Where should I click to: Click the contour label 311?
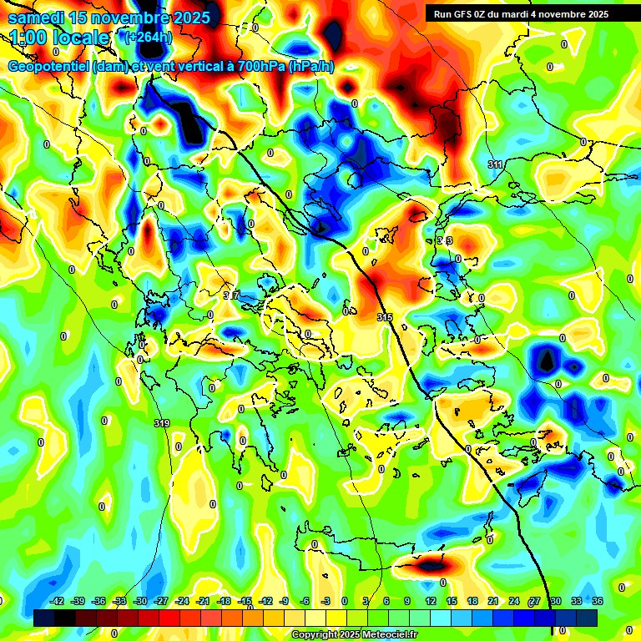[496, 165]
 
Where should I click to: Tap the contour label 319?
[162, 423]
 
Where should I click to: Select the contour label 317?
[231, 295]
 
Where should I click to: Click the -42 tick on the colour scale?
[58, 601]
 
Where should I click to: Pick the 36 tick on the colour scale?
[598, 601]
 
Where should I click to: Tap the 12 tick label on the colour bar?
[430, 601]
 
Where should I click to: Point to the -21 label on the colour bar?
[203, 601]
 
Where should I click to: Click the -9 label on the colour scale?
[285, 601]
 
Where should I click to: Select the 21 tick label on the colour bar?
[493, 601]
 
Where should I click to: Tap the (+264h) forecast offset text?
[149, 37]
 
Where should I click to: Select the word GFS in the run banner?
[463, 13]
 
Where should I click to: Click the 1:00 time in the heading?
[28, 38]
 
